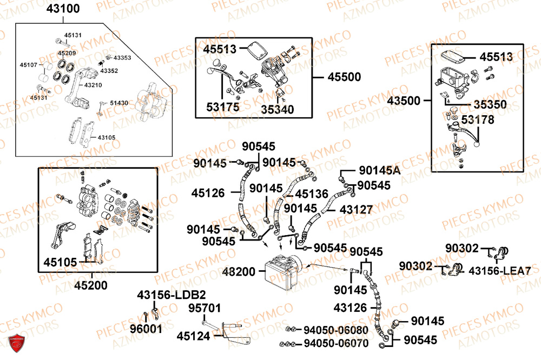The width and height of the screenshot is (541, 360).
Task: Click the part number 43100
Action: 63,9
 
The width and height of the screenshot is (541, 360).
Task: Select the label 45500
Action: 344,77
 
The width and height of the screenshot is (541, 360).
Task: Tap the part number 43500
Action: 404,101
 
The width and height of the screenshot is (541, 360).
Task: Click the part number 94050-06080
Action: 335,330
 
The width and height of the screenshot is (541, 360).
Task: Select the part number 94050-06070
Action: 335,344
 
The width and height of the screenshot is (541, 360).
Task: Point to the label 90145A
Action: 379,171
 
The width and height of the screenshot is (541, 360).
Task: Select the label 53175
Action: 222,108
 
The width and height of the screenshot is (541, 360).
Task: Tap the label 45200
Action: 90,285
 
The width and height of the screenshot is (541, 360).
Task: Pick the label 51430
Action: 119,103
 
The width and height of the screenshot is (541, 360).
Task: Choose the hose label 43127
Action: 355,209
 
